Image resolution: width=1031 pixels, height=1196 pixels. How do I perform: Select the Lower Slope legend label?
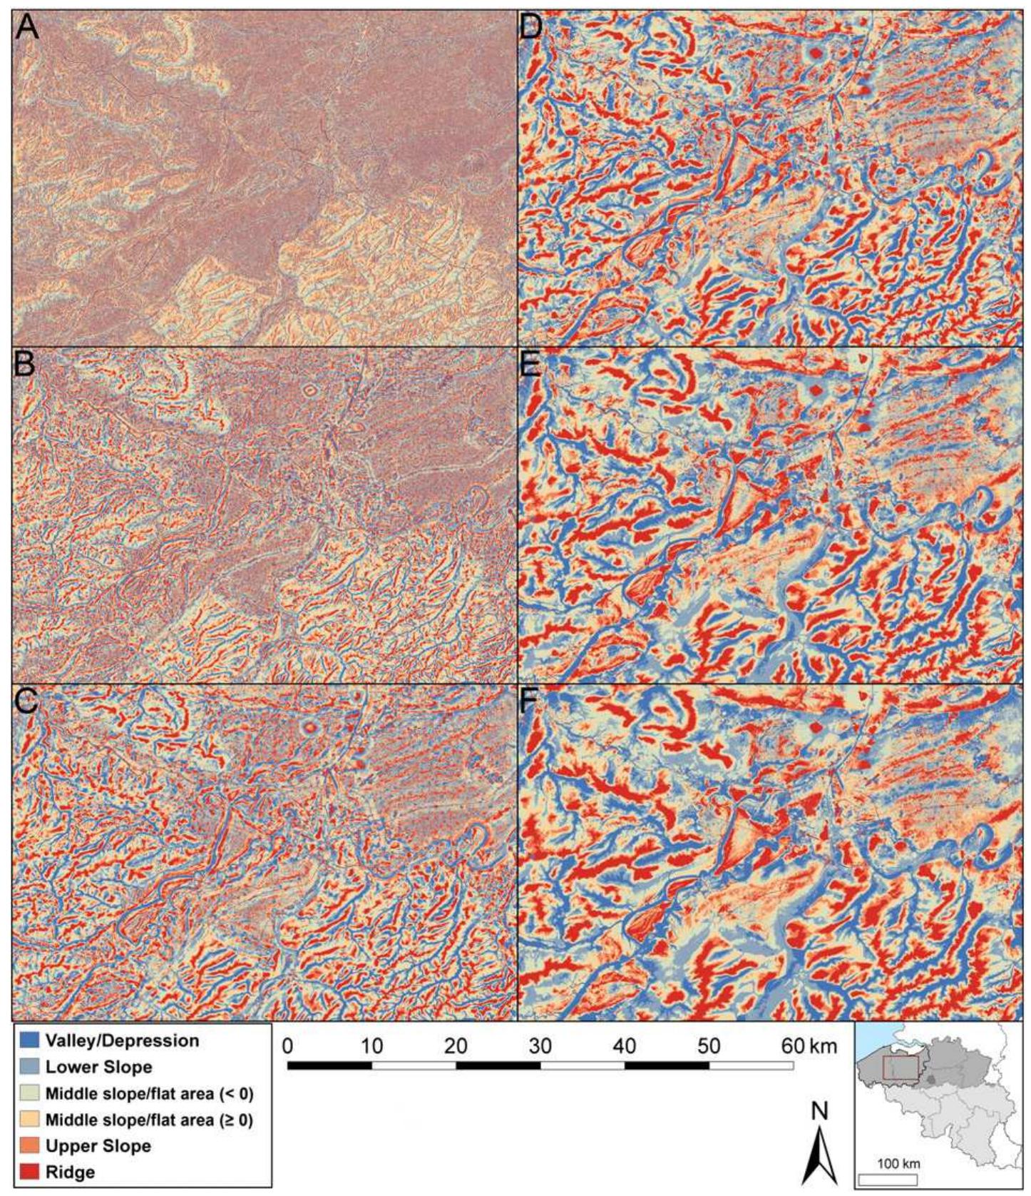pos(98,1067)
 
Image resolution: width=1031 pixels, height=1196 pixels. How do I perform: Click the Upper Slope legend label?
pos(98,1146)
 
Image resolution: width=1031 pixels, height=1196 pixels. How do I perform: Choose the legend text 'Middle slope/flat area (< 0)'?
pos(149,1093)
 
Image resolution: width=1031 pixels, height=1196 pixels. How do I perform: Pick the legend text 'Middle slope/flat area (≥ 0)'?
pos(149,1120)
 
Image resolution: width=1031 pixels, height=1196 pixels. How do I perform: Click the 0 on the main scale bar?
pos(288,1047)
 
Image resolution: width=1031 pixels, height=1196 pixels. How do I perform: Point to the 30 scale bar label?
pos(540,1047)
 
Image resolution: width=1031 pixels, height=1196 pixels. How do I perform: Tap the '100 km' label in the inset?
pos(899,1163)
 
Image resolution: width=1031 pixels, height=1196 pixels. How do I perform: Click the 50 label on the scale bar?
pos(709,1047)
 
